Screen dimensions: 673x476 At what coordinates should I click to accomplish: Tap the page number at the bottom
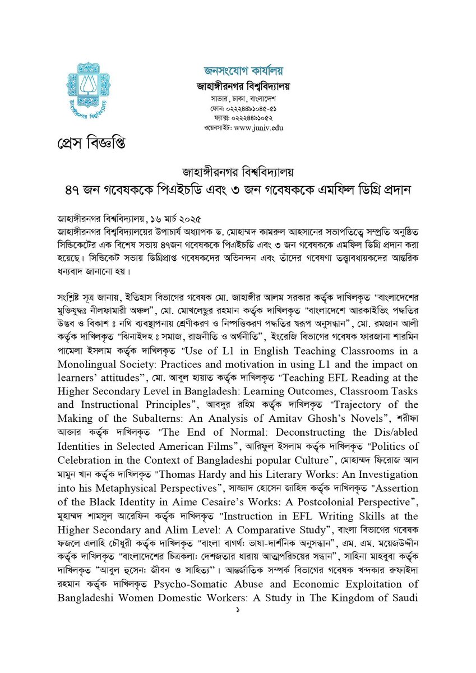pyautogui.click(x=238, y=609)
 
